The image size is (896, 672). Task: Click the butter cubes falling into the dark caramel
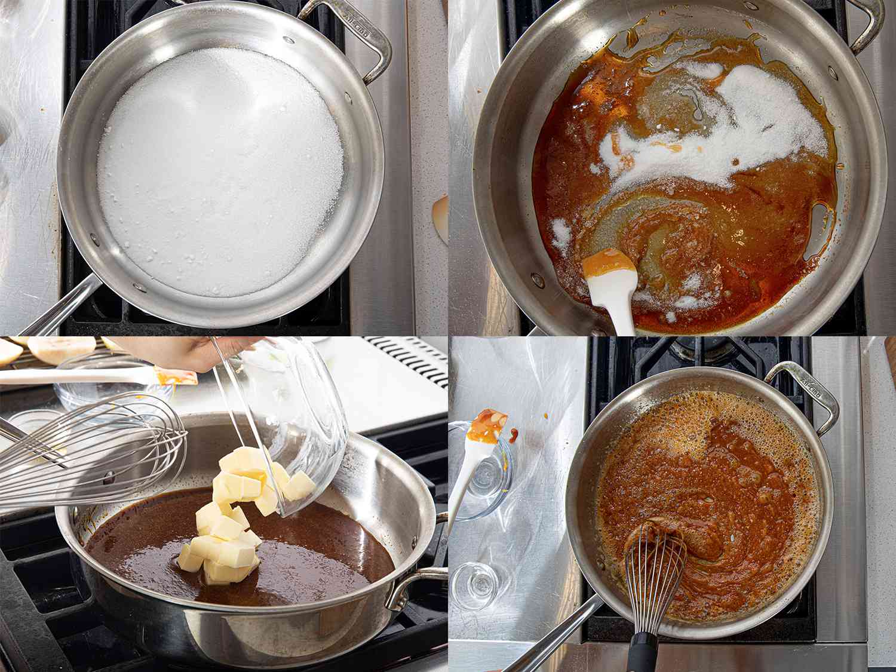coord(230,526)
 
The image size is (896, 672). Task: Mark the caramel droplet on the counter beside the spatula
coord(514,432)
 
